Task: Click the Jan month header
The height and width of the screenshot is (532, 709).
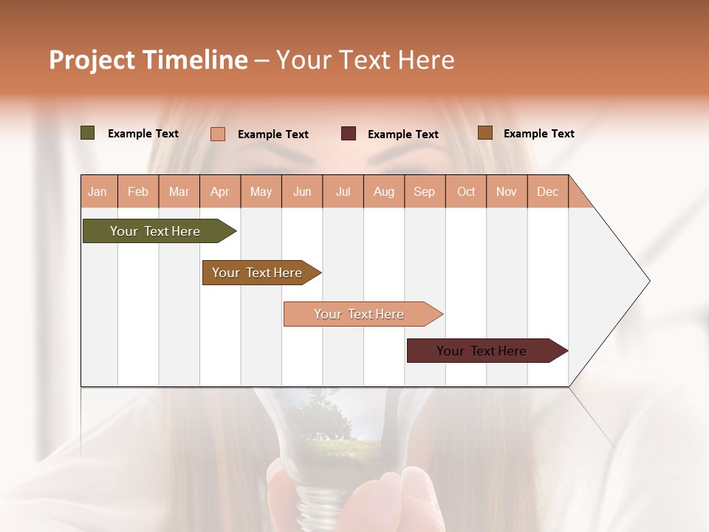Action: click(97, 191)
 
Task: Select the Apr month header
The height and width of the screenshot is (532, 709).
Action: click(219, 191)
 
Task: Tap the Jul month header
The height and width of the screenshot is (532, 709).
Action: click(343, 191)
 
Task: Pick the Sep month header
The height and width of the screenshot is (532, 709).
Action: click(424, 191)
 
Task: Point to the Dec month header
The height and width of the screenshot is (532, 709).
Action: click(547, 191)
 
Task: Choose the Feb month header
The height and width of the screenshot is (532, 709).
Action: click(138, 191)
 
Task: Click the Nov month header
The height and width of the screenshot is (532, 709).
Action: click(507, 191)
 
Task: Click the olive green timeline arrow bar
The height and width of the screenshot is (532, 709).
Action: click(155, 231)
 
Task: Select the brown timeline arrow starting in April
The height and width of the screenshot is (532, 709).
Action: click(257, 273)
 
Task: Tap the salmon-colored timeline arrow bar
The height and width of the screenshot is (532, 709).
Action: click(359, 314)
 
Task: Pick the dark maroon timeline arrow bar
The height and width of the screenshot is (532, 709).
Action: click(482, 351)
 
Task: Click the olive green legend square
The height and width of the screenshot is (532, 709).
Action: click(87, 133)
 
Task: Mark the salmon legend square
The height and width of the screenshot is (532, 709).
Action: click(218, 134)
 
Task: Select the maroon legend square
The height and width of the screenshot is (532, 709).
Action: click(349, 134)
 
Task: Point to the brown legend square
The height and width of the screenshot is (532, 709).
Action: click(484, 133)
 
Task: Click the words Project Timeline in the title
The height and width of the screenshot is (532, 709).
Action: click(148, 60)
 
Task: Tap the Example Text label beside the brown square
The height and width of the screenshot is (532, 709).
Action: click(538, 134)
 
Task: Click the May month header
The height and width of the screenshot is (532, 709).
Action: click(261, 191)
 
